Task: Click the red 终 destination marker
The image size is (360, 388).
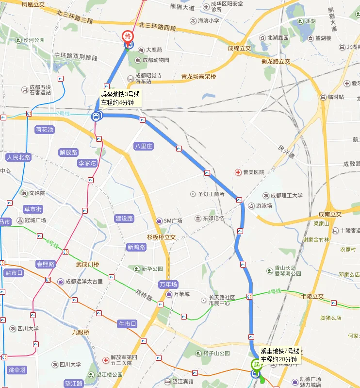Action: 128,36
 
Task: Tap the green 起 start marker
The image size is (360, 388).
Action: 255,364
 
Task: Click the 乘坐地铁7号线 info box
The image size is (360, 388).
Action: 280,355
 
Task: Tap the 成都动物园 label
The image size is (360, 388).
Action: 155,60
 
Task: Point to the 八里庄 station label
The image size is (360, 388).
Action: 144,146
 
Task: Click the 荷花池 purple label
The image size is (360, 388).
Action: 45,130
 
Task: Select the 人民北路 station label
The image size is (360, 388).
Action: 18,157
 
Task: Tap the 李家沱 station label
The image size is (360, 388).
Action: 87,163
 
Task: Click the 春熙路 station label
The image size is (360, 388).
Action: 46,264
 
